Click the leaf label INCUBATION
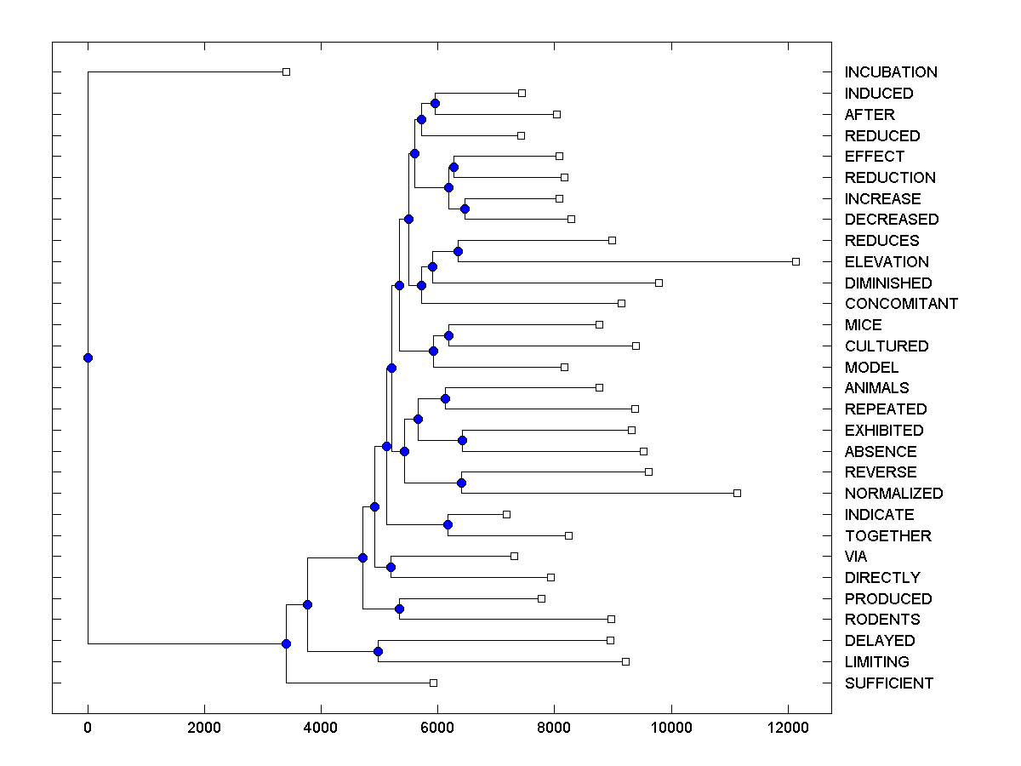(891, 72)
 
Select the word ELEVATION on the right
(887, 262)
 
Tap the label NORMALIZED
(893, 494)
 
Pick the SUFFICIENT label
(888, 683)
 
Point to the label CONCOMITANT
(901, 304)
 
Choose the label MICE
(863, 325)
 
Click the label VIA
(856, 557)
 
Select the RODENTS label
(882, 620)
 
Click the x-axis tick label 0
(88, 728)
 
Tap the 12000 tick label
(788, 728)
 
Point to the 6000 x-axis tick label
(437, 728)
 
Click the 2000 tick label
(204, 728)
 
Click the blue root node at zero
(88, 357)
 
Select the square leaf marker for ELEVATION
(796, 261)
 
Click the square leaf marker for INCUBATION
(286, 71)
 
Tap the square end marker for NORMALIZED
(737, 493)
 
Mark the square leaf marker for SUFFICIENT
(433, 683)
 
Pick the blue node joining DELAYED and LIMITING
(378, 651)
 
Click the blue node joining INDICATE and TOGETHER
(448, 524)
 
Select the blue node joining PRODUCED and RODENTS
(399, 609)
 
